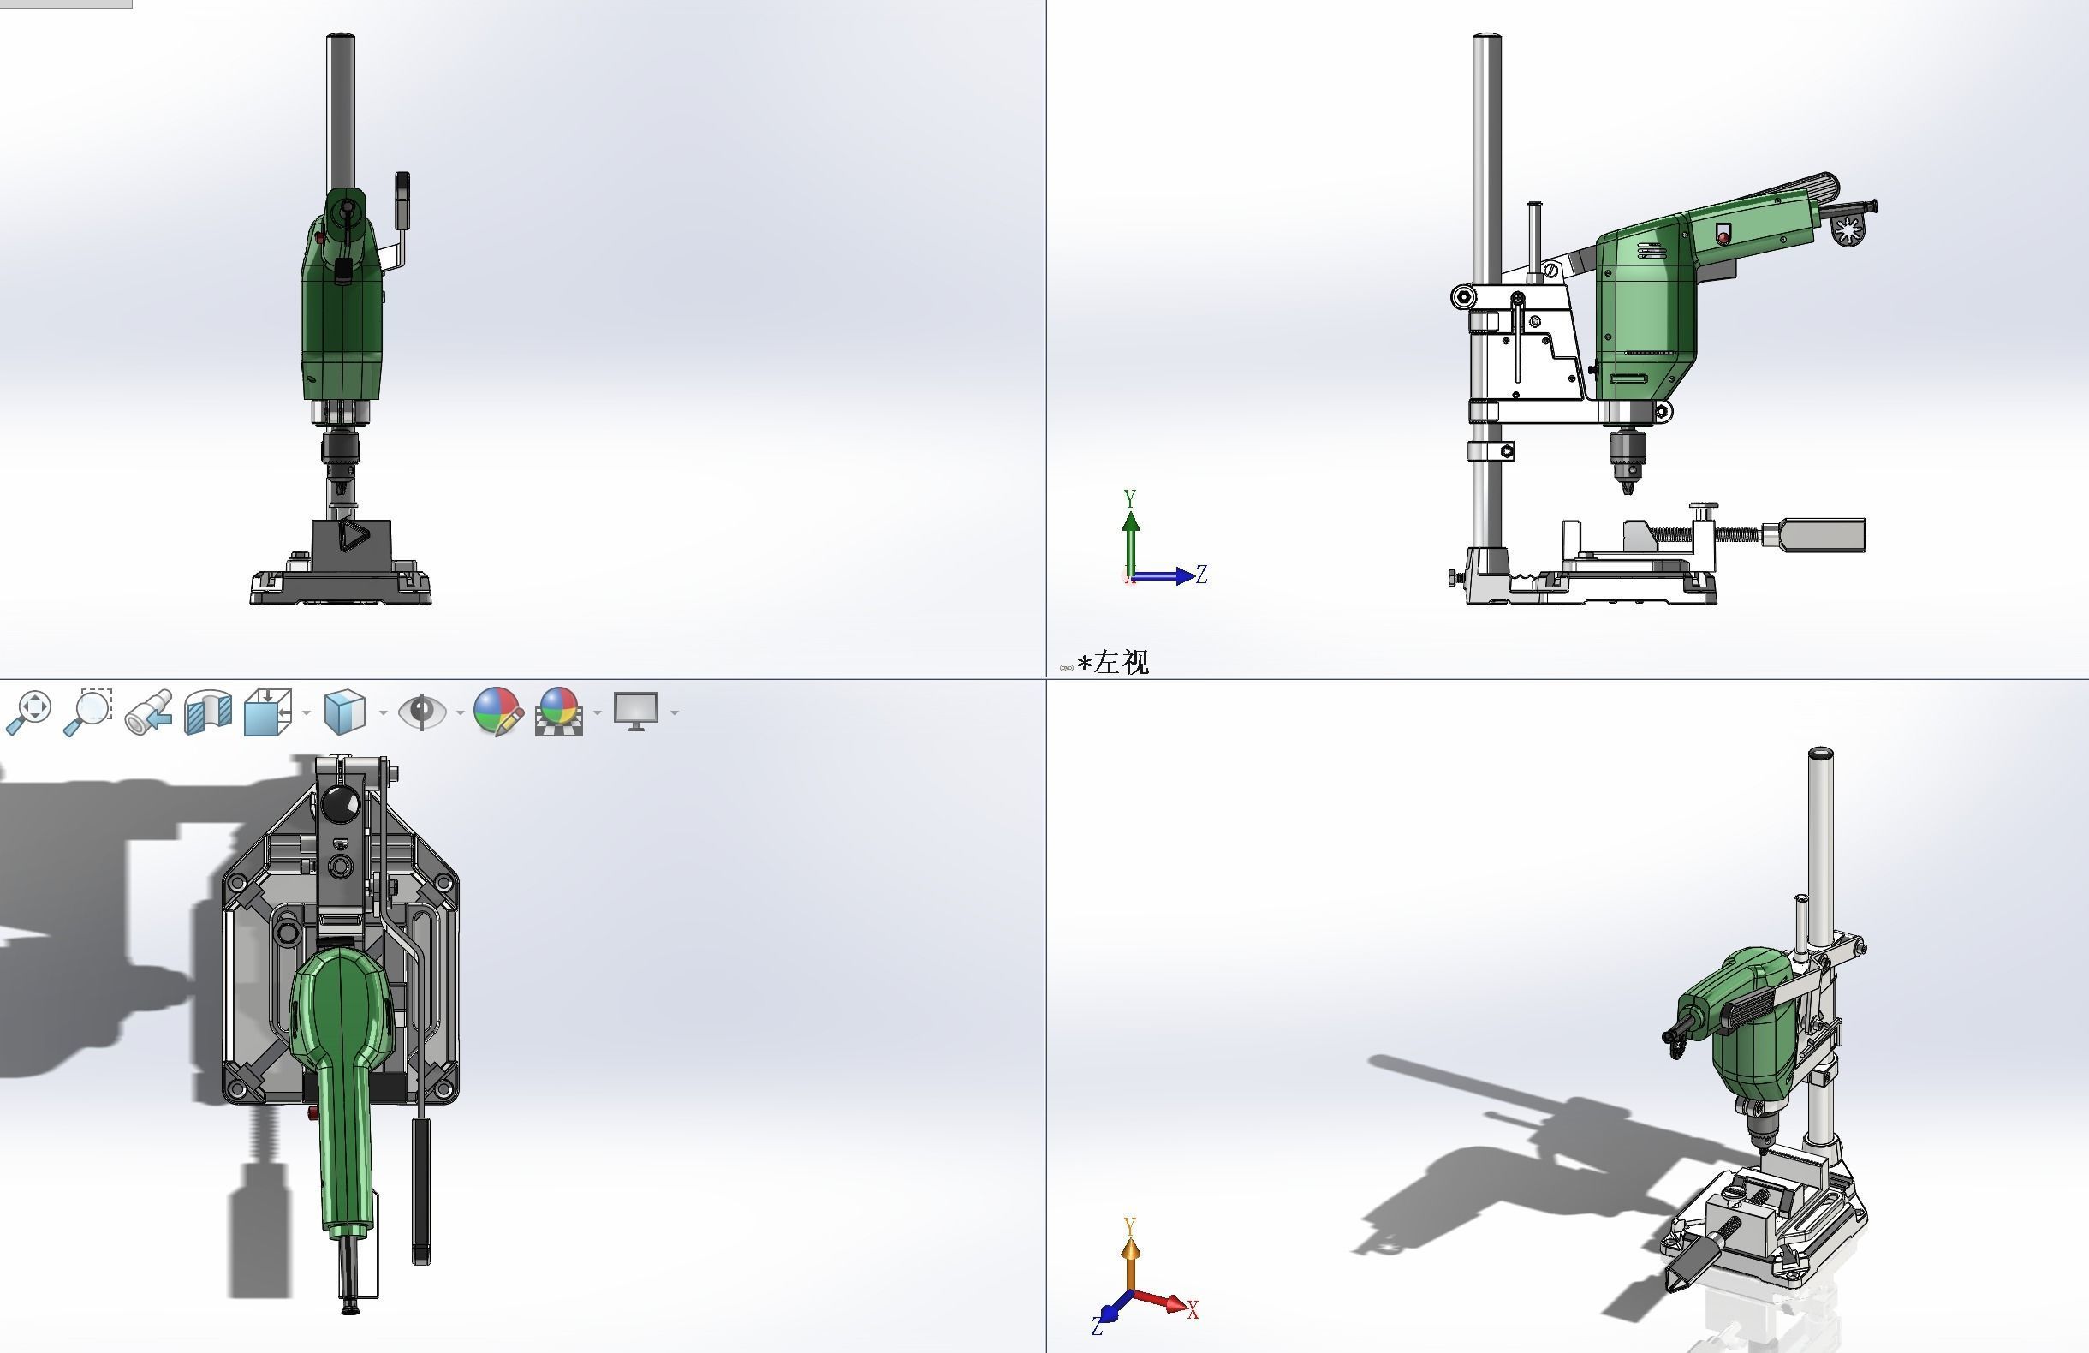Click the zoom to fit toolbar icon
(29, 711)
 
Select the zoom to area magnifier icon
(88, 711)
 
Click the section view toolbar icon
(208, 711)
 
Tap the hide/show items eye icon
(422, 711)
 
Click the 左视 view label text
(1121, 663)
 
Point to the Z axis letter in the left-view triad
(1202, 575)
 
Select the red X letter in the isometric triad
(1193, 1310)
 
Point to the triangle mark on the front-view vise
(354, 535)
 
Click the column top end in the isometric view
(1820, 754)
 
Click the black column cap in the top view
(341, 802)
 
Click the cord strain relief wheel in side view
(1849, 230)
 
